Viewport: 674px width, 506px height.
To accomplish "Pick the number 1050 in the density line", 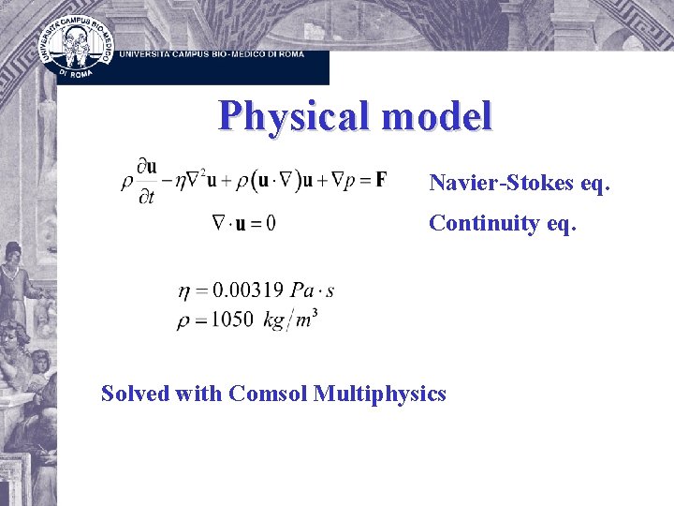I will tap(232, 320).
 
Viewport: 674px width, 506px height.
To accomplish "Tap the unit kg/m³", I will tap(289, 320).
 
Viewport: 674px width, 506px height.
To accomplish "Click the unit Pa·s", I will tap(312, 291).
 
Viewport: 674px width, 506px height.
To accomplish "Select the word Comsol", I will tap(269, 394).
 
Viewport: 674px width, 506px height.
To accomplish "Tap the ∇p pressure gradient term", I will tap(333, 180).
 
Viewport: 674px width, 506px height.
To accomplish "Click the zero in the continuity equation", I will tap(271, 223).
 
